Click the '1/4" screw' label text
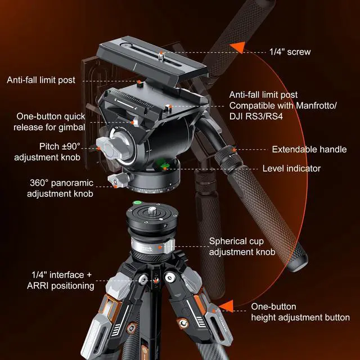coord(290,52)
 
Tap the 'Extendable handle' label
coord(308,150)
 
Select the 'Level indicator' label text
coord(292,168)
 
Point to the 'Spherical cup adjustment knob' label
coord(242,246)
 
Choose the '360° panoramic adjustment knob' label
coord(62,188)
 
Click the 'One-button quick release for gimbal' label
coord(51,121)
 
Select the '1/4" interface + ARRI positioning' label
coord(62,280)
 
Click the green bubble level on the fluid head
coord(164,165)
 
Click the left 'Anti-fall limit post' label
coord(41,80)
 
